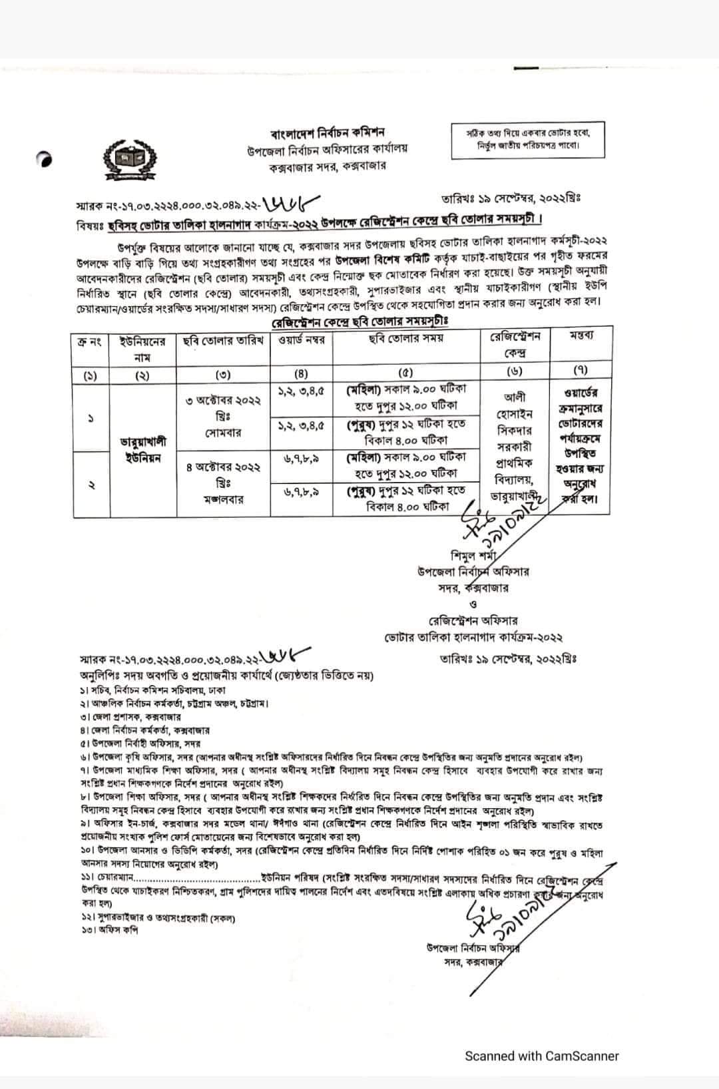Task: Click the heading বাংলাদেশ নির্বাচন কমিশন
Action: tap(328, 132)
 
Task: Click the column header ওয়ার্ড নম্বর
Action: tap(301, 340)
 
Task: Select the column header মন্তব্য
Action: tap(581, 335)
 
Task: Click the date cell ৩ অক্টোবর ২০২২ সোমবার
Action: tap(223, 417)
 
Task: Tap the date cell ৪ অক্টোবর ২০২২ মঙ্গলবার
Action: tap(223, 483)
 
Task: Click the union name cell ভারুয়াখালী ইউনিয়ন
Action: tap(142, 449)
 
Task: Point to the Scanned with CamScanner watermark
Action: tap(541, 1056)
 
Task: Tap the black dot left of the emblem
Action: tap(45, 160)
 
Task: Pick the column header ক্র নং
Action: tap(91, 341)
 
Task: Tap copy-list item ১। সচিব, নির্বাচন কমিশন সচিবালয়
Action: tap(158, 691)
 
